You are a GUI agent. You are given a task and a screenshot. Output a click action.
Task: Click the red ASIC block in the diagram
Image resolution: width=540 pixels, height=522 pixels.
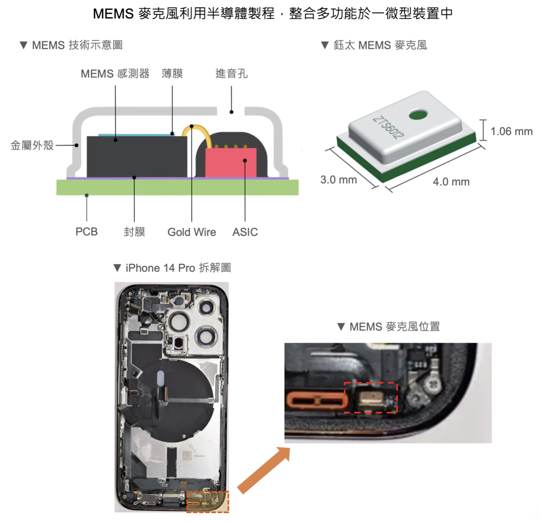pyautogui.click(x=230, y=163)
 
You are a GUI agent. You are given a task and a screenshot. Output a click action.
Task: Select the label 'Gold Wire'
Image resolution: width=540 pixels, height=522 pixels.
pyautogui.click(x=192, y=232)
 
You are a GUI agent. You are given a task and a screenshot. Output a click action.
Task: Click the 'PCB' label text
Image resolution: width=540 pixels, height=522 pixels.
pyautogui.click(x=87, y=232)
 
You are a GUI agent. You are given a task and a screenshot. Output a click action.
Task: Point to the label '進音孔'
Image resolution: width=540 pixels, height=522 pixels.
pyautogui.click(x=231, y=74)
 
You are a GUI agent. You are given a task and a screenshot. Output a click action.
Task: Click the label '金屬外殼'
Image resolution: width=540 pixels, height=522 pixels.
pyautogui.click(x=32, y=145)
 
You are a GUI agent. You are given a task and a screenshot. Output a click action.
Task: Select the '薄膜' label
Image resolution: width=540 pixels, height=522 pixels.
pyautogui.click(x=172, y=74)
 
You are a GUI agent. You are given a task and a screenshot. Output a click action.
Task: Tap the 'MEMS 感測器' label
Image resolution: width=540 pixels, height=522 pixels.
pyautogui.click(x=115, y=74)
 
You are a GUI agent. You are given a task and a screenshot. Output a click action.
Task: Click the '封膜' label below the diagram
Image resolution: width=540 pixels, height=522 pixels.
pyautogui.click(x=134, y=232)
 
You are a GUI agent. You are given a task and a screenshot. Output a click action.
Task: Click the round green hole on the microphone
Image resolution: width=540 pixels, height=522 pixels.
pyautogui.click(x=418, y=114)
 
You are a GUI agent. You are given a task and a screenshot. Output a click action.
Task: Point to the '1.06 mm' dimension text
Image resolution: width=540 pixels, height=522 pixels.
pyautogui.click(x=512, y=132)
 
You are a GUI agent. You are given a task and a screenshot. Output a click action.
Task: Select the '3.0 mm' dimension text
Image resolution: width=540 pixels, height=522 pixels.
pyautogui.click(x=338, y=180)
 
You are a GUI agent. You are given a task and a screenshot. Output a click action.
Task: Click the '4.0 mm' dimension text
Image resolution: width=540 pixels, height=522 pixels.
pyautogui.click(x=451, y=182)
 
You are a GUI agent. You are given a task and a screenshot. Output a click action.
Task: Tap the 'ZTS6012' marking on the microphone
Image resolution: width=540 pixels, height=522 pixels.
pyautogui.click(x=388, y=127)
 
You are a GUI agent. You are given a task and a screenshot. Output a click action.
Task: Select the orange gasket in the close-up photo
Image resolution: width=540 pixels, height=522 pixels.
pyautogui.click(x=317, y=401)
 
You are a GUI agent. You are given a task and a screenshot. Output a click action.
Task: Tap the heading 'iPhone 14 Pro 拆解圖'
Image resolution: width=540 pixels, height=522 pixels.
pyautogui.click(x=178, y=268)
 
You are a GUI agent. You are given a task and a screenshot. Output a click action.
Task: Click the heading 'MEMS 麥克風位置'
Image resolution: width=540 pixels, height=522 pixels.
pyautogui.click(x=394, y=327)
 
